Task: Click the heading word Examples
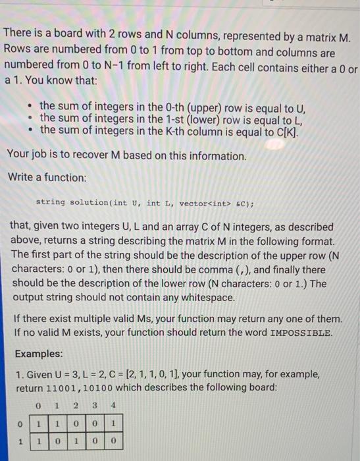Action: (39, 353)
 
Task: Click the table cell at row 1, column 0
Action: (39, 437)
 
